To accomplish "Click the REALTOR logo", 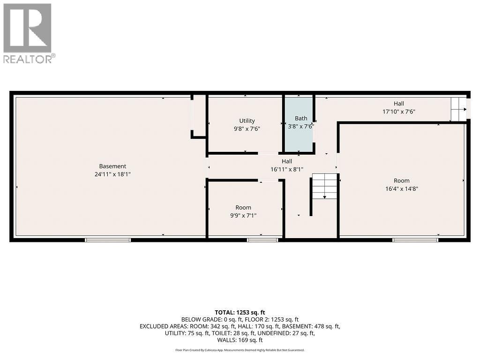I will [x=28, y=33].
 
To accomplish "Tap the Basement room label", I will [x=112, y=166].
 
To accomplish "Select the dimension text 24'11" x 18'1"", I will [x=112, y=174].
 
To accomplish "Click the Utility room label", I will [x=247, y=121].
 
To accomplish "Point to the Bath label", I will [x=300, y=118].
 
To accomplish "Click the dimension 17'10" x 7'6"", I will [x=399, y=112].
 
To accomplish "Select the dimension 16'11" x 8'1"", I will [x=287, y=169].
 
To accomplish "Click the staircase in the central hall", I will [x=325, y=186].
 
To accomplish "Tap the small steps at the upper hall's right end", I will [x=458, y=109].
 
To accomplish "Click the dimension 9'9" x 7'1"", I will [x=243, y=216].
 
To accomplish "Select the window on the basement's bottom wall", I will [x=108, y=240].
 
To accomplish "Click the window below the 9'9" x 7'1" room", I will [x=262, y=240].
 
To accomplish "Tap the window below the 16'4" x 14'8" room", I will [x=415, y=240].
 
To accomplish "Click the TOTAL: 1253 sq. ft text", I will [x=240, y=312].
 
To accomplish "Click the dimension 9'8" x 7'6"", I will [x=247, y=129].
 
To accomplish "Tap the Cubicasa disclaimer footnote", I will [x=240, y=350].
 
